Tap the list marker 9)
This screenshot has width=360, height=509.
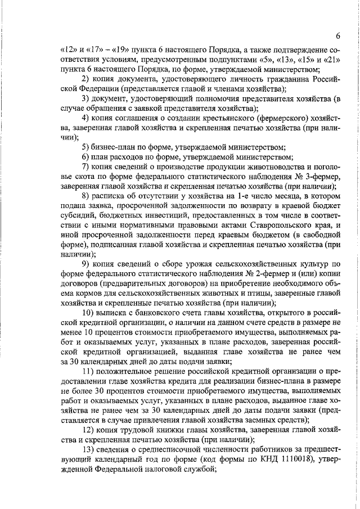tap(87, 265)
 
